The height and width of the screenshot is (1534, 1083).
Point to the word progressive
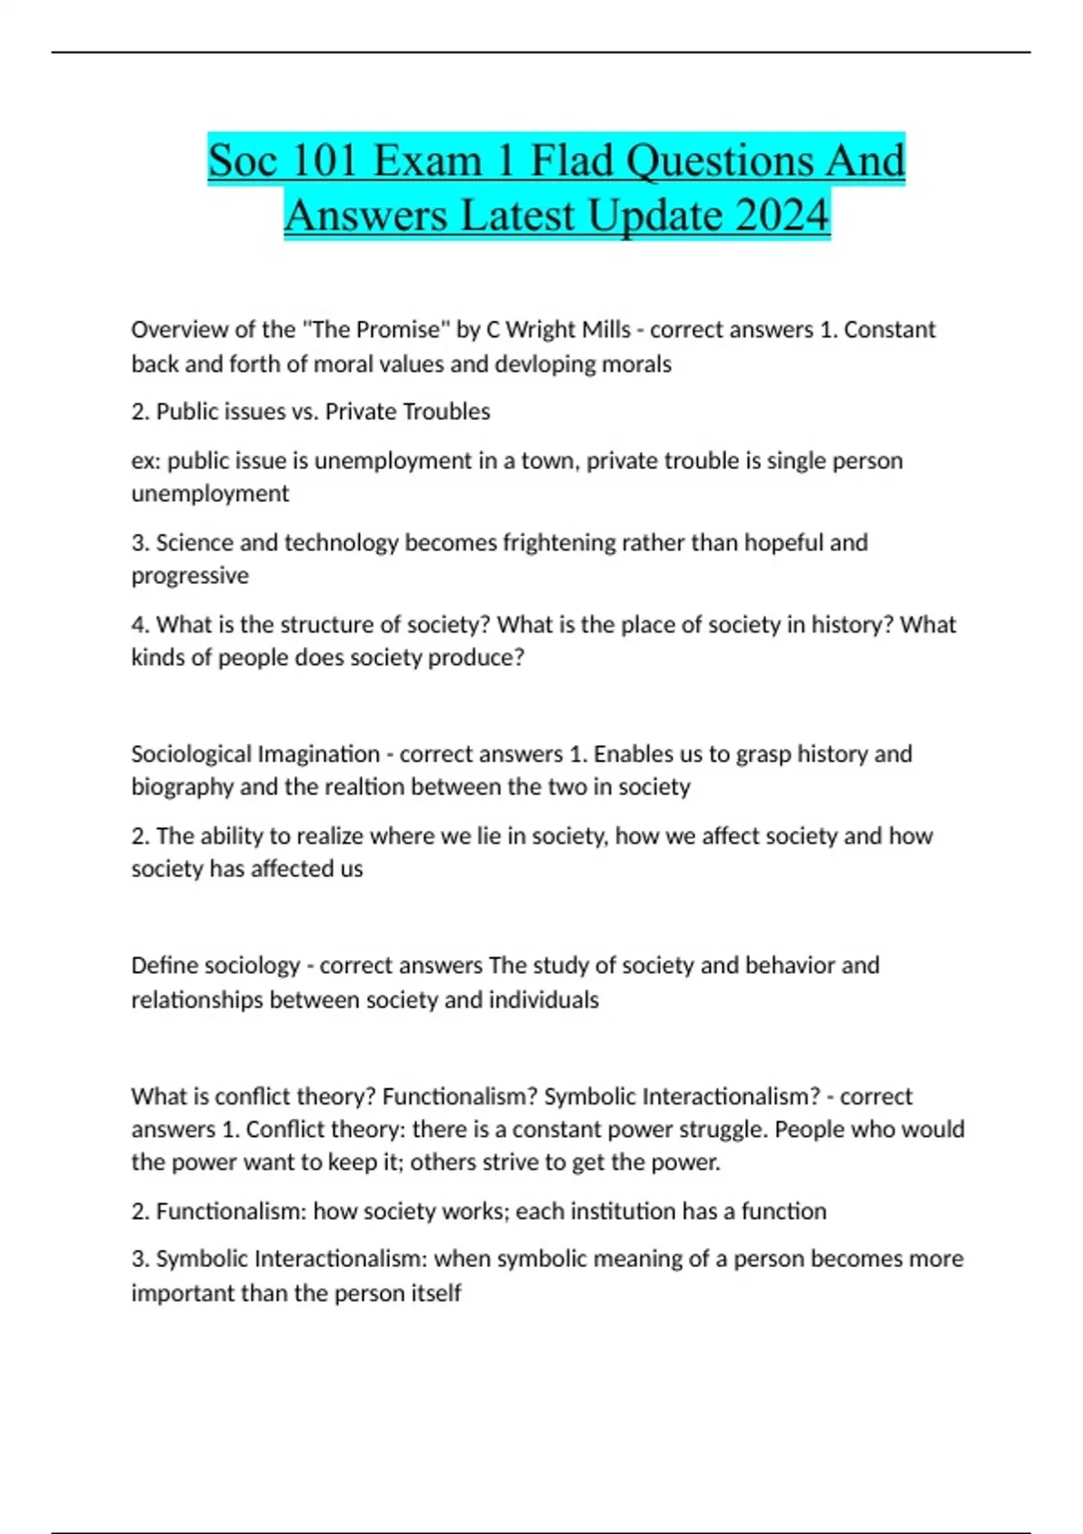(x=190, y=576)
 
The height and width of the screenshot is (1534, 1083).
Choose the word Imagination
(x=319, y=753)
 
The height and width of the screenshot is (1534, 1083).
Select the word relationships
(x=197, y=1000)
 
